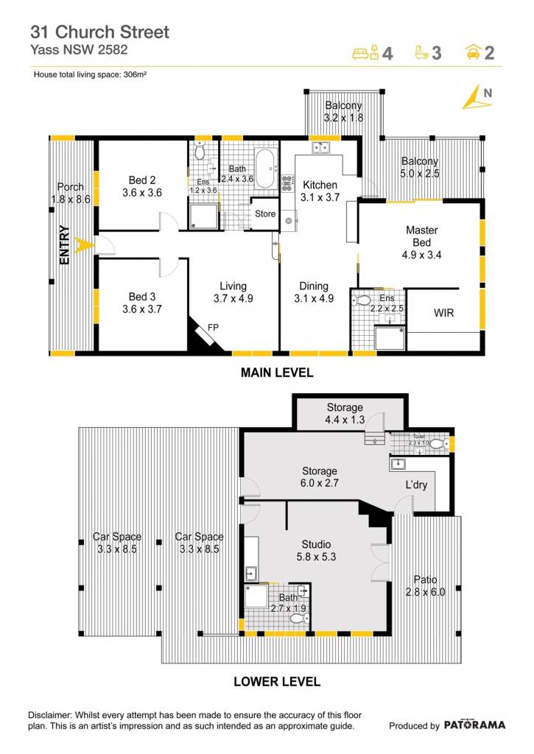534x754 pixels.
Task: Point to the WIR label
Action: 443,313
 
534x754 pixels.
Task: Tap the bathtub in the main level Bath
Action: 266,169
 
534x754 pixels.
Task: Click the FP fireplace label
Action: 213,328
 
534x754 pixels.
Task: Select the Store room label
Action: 265,214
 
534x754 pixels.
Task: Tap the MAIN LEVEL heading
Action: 277,373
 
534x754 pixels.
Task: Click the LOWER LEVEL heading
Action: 277,682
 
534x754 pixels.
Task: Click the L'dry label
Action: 416,485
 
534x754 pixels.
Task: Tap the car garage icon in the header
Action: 474,52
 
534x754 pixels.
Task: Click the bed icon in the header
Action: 366,52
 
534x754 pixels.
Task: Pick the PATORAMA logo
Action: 474,725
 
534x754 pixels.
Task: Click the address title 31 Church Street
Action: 99,32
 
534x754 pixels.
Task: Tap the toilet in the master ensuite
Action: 362,301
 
